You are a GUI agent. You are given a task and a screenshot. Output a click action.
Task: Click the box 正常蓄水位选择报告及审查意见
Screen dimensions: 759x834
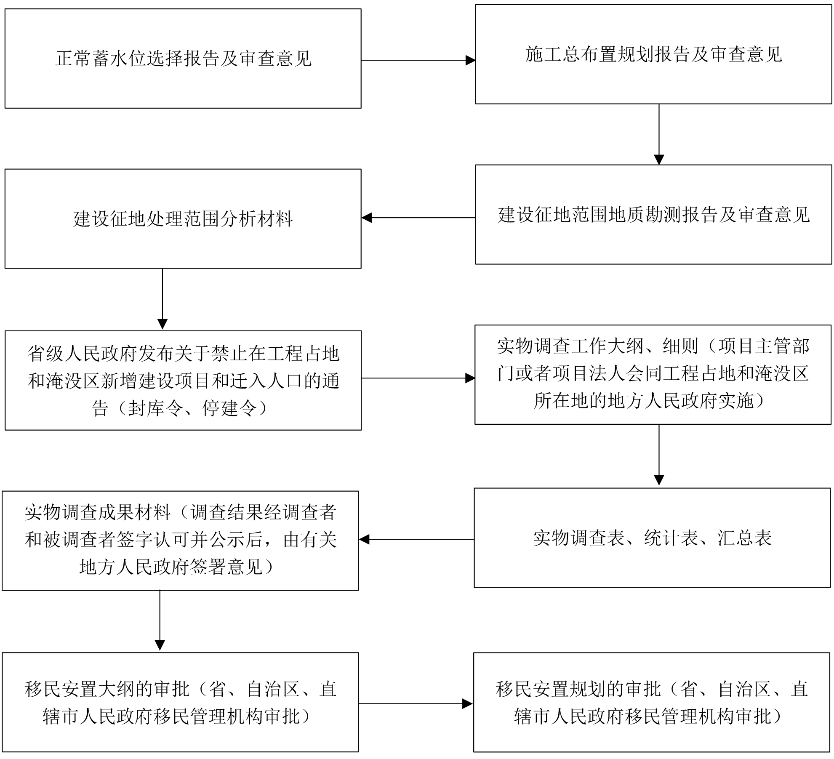183,59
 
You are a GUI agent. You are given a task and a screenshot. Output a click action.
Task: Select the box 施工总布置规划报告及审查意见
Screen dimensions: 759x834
653,54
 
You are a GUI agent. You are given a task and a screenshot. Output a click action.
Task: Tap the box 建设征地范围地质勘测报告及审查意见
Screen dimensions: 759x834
653,214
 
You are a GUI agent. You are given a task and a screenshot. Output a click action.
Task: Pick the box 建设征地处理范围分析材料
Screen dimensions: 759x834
183,218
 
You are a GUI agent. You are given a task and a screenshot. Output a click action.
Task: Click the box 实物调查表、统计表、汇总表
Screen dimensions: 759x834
652,538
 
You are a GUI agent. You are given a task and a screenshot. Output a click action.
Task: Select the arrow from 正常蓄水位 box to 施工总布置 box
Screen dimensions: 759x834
418,60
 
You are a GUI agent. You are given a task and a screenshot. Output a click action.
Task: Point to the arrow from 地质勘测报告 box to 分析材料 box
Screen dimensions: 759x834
418,218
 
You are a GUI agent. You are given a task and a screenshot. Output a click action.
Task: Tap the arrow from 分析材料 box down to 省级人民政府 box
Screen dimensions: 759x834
162,299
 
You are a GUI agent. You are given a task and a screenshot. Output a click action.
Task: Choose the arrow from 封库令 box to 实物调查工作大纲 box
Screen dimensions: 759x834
418,378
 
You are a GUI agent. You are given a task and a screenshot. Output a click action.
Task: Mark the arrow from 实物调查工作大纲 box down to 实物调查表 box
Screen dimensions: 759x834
659,455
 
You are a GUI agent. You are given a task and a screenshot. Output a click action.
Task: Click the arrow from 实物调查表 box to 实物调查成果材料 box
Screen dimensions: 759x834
416,539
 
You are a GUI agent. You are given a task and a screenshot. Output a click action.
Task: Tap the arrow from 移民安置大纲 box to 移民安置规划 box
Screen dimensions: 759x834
415,703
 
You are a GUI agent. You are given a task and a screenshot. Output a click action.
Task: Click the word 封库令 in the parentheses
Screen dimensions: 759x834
155,408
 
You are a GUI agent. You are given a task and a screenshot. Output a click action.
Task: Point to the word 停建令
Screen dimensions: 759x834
229,408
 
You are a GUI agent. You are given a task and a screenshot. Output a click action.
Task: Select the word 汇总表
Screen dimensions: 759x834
745,538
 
